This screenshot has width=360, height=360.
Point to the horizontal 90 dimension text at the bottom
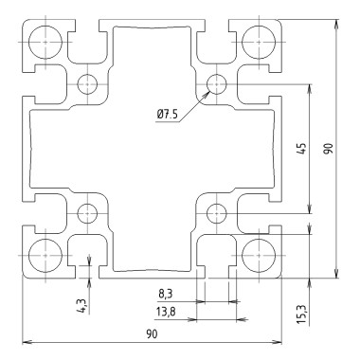tap(152, 333)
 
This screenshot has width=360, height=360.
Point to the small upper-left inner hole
tap(87, 83)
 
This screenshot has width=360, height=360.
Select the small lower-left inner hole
tap(87, 211)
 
